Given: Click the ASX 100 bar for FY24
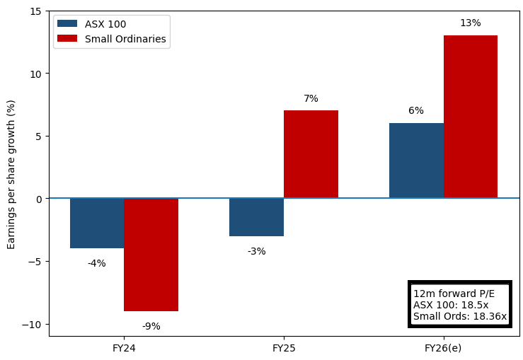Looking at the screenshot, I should pyautogui.click(x=97, y=223).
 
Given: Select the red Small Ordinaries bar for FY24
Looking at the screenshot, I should pyautogui.click(x=151, y=255).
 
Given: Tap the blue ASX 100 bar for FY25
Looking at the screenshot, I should pyautogui.click(x=256, y=217).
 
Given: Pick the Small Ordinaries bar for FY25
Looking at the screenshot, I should pyautogui.click(x=311, y=154).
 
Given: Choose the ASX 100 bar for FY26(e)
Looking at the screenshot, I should pyautogui.click(x=416, y=161).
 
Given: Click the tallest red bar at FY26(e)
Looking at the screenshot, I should pyautogui.click(x=471, y=117).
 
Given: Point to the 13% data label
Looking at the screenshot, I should pyautogui.click(x=471, y=23).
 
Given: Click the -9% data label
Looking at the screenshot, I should pyautogui.click(x=151, y=327).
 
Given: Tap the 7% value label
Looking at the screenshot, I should pyautogui.click(x=311, y=99).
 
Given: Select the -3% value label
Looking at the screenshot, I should pyautogui.click(x=256, y=252).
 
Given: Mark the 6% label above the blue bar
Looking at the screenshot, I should pyautogui.click(x=416, y=111).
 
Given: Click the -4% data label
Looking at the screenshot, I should pyautogui.click(x=97, y=264).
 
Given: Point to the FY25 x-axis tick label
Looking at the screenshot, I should pyautogui.click(x=284, y=348).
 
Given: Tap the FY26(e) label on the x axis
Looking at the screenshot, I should pyautogui.click(x=443, y=348).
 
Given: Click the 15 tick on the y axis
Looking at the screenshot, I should pyautogui.click(x=35, y=11).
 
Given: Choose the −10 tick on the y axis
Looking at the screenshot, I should pyautogui.click(x=31, y=324).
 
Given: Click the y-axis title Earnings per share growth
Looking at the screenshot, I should pyautogui.click(x=11, y=174).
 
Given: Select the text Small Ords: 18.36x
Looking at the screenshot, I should pyautogui.click(x=459, y=317).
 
